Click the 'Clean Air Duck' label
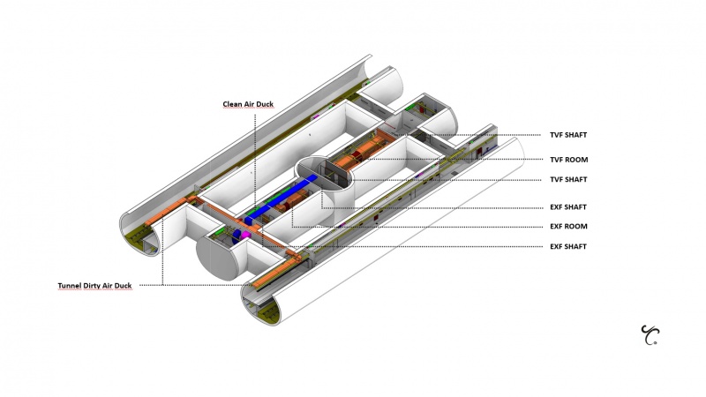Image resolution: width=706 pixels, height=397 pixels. click(x=247, y=104)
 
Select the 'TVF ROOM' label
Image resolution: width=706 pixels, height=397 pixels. click(x=568, y=160)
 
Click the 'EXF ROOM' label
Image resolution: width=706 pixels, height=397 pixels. click(x=568, y=226)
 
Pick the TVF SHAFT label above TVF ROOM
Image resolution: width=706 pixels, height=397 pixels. click(x=568, y=135)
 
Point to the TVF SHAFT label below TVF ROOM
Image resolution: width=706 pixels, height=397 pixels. click(x=568, y=179)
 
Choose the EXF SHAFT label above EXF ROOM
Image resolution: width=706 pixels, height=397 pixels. click(x=568, y=206)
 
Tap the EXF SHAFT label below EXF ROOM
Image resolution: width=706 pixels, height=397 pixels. click(x=568, y=246)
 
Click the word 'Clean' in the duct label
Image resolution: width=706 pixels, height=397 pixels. click(x=232, y=104)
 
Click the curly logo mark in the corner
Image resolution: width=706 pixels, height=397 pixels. click(x=650, y=334)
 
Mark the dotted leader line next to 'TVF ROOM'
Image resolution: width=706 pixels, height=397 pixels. click(x=459, y=160)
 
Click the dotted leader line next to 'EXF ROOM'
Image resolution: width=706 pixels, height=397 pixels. click(x=424, y=226)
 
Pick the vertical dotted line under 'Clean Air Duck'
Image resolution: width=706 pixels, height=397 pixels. click(x=254, y=159)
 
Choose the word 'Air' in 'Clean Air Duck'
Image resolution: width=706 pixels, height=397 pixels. click(x=251, y=104)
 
